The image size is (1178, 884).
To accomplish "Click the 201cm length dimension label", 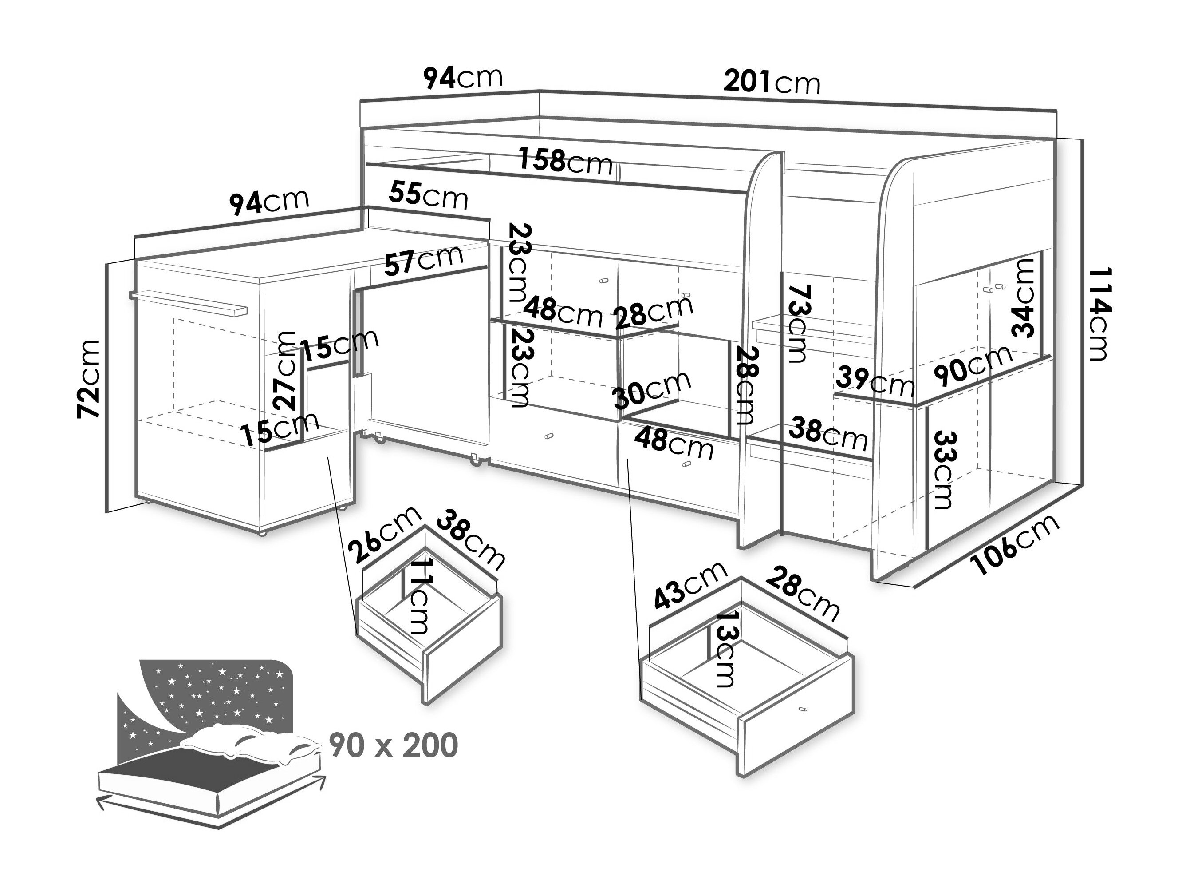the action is point(772,83).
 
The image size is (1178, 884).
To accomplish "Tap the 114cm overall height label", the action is point(1098,314).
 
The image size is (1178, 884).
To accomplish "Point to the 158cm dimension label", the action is point(566,162).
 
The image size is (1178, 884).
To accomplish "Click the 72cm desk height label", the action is point(88,378).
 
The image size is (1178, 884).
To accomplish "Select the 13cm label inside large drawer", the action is point(723,649).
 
